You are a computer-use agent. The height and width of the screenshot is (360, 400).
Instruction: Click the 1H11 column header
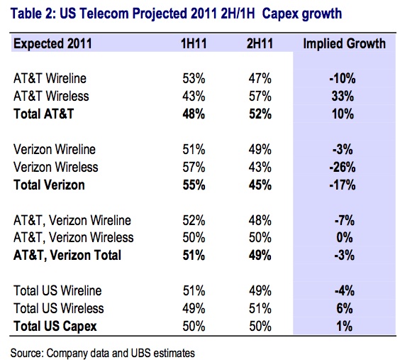coord(194,43)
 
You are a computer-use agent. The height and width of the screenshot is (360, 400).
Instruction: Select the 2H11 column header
coord(260,43)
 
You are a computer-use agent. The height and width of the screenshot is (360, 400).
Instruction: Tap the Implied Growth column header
coord(345,43)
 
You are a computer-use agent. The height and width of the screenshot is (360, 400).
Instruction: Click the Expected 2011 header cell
coord(52,43)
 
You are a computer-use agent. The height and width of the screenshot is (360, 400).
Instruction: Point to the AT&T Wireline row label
coord(50,78)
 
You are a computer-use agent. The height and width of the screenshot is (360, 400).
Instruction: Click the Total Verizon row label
coord(49,185)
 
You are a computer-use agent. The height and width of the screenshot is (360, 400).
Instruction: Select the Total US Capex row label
coord(55,326)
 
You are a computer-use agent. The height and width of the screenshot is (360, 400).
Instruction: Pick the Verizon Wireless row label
coord(55,168)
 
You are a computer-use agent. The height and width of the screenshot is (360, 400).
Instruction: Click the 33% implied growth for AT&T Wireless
coord(343,97)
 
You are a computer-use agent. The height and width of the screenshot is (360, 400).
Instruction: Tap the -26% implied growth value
coord(343,168)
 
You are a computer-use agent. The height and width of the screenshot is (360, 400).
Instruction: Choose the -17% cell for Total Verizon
coord(343,185)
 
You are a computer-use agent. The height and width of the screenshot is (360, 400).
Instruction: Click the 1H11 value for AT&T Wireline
coord(194,78)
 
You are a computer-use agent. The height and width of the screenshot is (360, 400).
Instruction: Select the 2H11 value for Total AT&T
coord(260,114)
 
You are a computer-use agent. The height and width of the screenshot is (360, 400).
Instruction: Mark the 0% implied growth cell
coord(345,238)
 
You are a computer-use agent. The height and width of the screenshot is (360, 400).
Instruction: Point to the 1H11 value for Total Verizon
coord(194,185)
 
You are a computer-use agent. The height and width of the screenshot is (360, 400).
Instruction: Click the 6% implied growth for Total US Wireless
coord(345,308)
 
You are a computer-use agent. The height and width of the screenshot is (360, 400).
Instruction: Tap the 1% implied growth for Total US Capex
coord(345,326)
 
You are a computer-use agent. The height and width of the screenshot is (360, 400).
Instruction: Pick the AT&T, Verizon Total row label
coord(67,256)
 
